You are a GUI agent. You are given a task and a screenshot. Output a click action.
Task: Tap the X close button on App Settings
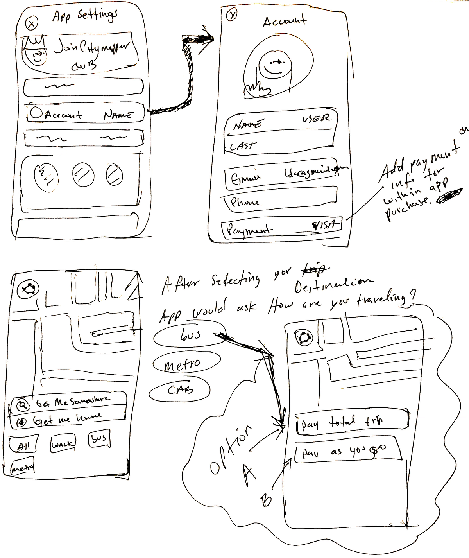coord(32,23)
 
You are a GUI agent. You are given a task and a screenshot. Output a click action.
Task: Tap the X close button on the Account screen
coord(232,15)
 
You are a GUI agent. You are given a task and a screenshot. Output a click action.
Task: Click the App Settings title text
coord(85,16)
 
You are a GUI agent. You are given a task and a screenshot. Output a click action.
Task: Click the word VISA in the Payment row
coord(325,225)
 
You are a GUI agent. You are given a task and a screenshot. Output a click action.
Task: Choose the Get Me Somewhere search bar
coord(69,403)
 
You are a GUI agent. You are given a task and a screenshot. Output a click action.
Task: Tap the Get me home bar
coord(69,420)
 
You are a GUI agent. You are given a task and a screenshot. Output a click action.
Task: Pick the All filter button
coord(24,445)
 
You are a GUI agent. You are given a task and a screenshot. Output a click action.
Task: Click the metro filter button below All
coord(23,467)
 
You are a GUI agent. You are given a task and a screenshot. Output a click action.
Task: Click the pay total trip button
coord(352,422)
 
